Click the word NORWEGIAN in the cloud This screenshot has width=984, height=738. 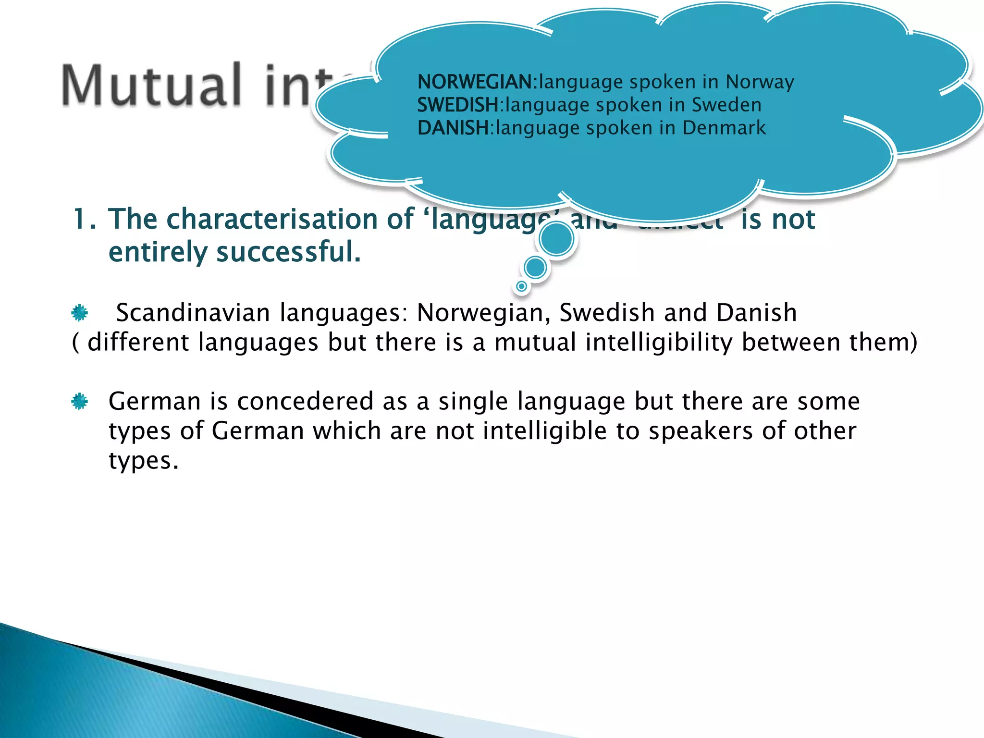pos(476,82)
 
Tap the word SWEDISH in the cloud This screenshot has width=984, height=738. pos(458,105)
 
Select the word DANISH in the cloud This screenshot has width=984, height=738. pos(453,128)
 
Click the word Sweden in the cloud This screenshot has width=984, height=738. pos(726,105)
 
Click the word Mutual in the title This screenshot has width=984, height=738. pos(151,86)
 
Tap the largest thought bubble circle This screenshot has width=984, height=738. pos(556,239)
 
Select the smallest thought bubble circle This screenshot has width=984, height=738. pos(521,287)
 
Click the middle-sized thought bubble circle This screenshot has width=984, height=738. pos(535,268)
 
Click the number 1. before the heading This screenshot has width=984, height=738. pos(85,220)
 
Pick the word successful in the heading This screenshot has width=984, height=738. pos(288,252)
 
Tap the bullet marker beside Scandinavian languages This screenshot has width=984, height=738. pos(80,313)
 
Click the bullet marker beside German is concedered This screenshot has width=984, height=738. pos(80,401)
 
